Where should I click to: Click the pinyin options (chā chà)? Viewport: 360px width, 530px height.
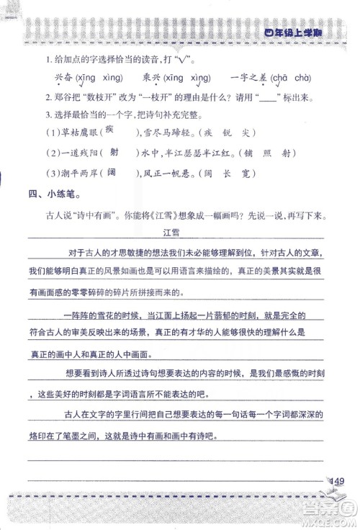click(290, 78)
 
